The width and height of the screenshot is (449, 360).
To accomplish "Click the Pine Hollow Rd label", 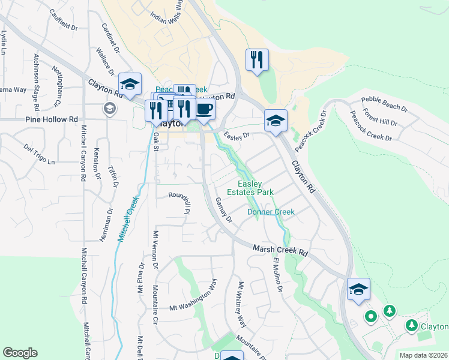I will click(x=53, y=119).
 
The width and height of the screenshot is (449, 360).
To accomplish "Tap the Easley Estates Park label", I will click(x=250, y=188).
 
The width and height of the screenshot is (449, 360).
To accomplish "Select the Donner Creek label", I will click(x=271, y=212).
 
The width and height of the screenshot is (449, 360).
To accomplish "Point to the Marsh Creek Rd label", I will click(x=280, y=250).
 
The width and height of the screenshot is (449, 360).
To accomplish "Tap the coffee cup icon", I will click(x=204, y=109).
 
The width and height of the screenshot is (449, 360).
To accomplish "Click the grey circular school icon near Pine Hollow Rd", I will click(x=109, y=109).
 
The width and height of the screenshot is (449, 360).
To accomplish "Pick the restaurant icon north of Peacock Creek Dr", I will click(x=257, y=59).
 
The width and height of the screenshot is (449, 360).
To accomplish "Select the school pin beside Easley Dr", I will click(x=276, y=120).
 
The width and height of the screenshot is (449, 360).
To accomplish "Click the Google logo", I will click(x=20, y=353).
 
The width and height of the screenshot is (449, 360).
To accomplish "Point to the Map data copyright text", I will click(x=424, y=355).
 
